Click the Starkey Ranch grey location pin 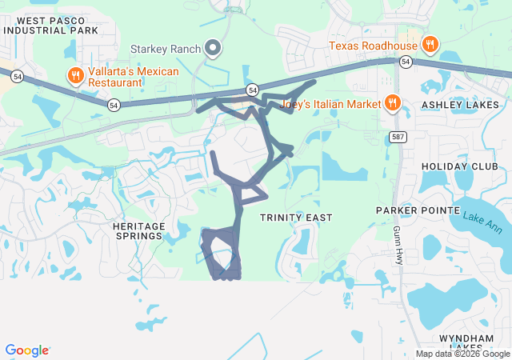tap(214, 49)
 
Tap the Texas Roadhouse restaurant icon tap(430, 45)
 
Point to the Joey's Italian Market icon tap(392, 102)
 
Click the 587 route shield tap(398, 138)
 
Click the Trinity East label tap(296, 218)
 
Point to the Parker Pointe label tap(410, 210)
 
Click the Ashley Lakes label tap(460, 105)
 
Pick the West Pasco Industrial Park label tap(50, 25)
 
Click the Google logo tap(26, 350)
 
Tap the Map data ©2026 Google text tap(462, 354)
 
